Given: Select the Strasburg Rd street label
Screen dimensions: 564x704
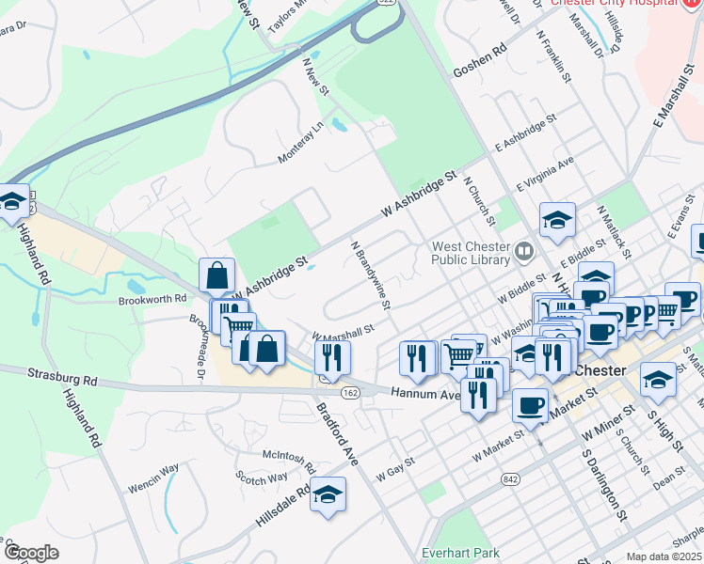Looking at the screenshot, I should pos(63,378).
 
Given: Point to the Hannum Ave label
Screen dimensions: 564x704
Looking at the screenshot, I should pos(426,396).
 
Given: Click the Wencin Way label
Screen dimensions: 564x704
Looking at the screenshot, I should pos(152,469).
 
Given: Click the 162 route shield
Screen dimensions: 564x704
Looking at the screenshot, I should pos(350,392).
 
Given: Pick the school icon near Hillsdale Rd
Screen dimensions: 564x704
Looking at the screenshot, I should pos(328,494).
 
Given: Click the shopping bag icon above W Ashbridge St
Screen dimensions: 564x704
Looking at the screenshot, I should pos(216,276).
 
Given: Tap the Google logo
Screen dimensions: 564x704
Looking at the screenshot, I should pos(31,552).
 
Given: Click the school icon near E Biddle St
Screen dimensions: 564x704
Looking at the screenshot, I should pos(557,221).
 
